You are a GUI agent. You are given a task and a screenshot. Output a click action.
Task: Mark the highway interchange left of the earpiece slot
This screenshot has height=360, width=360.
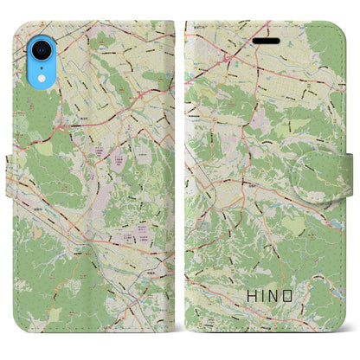click(228, 57)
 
